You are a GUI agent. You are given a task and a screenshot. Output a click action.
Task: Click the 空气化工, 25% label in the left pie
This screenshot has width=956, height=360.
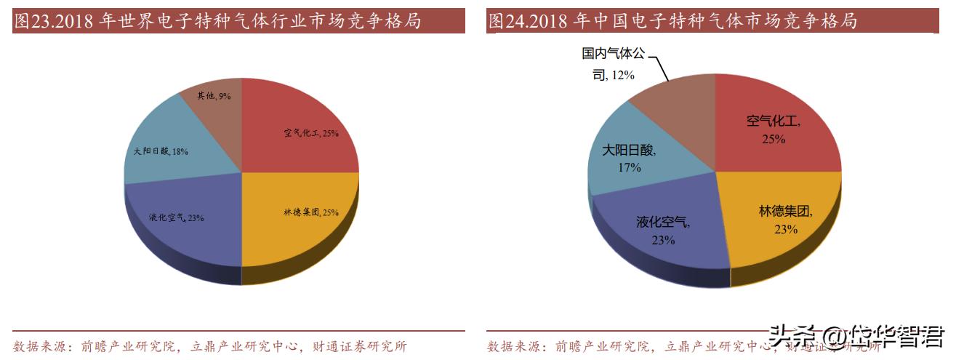point(311,133)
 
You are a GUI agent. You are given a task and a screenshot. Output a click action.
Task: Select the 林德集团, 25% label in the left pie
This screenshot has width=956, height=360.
point(311,212)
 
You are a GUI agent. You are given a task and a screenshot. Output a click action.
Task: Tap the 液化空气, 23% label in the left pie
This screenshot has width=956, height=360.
point(176,217)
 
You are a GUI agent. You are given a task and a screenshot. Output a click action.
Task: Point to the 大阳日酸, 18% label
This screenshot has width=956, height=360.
point(161,151)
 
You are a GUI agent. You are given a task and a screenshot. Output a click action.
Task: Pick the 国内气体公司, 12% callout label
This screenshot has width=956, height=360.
point(612,64)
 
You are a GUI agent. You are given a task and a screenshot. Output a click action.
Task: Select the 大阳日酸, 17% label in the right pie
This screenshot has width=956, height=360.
point(630,159)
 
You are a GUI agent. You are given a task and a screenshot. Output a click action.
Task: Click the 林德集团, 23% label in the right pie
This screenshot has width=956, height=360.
point(786,220)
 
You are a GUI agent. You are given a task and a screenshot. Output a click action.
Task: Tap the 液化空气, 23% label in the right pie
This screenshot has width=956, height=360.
point(663,231)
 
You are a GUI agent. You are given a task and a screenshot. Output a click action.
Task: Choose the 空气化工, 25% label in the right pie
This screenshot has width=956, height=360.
point(774,129)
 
